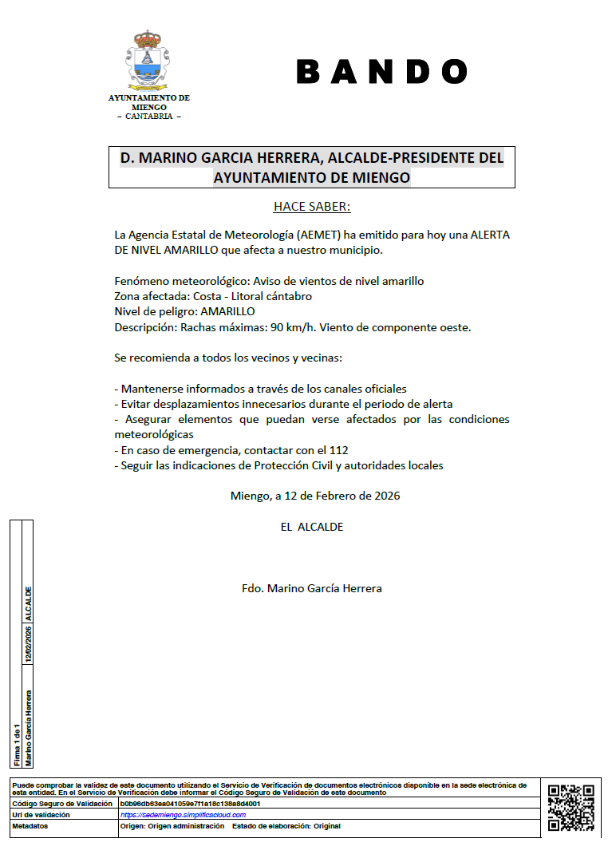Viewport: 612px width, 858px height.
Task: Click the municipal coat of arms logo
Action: click(x=148, y=61)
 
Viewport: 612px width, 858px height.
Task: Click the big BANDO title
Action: click(x=381, y=72)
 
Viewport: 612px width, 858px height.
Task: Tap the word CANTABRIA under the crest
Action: click(x=149, y=117)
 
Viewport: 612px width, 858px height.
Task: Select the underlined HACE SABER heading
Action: click(x=312, y=207)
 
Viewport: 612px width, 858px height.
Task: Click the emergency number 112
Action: click(x=339, y=450)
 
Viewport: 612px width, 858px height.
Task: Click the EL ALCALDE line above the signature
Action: click(x=312, y=527)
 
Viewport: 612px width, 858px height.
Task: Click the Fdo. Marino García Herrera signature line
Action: click(x=312, y=588)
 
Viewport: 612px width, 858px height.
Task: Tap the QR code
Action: click(x=571, y=808)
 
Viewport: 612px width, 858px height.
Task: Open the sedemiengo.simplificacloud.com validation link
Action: click(x=183, y=815)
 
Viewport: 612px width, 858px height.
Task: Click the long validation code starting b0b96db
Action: click(x=190, y=804)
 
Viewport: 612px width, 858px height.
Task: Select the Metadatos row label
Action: click(x=30, y=826)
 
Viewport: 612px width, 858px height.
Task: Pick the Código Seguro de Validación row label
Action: click(x=61, y=804)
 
